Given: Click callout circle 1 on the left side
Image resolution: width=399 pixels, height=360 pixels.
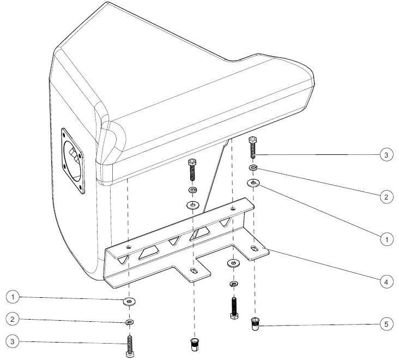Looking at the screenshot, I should coord(14,297).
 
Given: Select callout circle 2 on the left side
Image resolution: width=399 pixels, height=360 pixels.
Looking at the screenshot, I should coord(14,319).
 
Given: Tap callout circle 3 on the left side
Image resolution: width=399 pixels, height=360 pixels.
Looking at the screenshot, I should coord(14,341).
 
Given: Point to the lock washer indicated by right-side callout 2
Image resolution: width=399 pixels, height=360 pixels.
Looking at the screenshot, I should coord(253,168).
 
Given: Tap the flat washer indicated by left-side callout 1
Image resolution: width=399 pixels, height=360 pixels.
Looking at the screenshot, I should coord(130,301).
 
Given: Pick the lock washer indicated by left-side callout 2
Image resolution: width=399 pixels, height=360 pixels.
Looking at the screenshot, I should coord(129,322).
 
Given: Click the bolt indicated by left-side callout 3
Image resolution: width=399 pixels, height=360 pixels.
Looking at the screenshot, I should coord(130,346).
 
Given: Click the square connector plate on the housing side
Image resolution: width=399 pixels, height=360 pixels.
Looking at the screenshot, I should coord(73,161).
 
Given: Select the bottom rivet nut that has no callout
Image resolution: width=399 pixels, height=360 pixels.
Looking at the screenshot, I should coord(193,345).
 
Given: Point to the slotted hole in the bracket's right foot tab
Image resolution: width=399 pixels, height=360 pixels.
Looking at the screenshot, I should coord(255,249).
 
